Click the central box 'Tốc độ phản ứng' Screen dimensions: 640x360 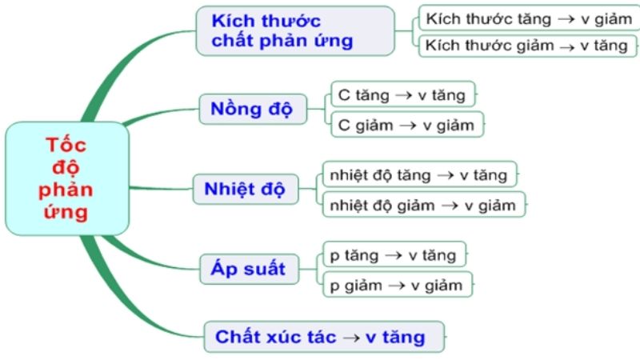point(67,178)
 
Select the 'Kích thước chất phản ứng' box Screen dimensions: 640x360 point(295,31)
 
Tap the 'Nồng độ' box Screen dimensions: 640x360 point(253,109)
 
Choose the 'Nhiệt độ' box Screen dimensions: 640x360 point(246,189)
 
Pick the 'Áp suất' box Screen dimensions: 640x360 point(249,269)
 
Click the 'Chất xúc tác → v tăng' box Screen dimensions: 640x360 point(324,337)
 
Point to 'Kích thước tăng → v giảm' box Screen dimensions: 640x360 point(529,18)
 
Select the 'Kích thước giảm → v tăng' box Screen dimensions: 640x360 point(527,46)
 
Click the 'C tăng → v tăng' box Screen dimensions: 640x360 point(403,94)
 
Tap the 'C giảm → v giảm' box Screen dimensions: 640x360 point(407,125)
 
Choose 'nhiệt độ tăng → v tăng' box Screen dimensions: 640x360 point(419,174)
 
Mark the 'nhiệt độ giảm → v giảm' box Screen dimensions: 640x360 point(424,205)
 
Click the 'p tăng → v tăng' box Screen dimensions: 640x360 point(394,254)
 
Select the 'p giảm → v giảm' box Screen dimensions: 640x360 point(398,285)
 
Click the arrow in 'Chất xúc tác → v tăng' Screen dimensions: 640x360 point(351,338)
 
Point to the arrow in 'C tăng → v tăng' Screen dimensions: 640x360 point(404,95)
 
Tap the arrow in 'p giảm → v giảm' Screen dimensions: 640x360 point(397,286)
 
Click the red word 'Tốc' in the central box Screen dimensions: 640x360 point(66,145)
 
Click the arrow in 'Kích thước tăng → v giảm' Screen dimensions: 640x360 point(566,19)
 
